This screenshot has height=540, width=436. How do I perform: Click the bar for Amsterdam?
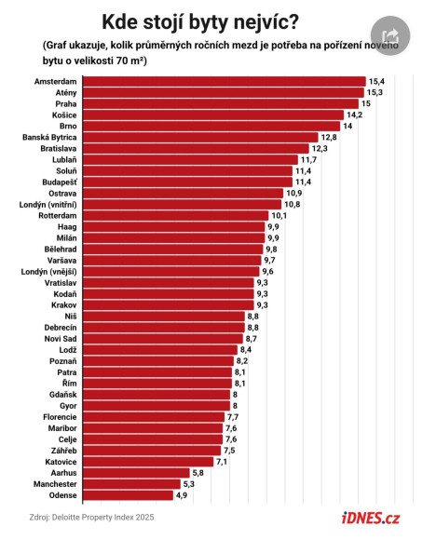point(224,82)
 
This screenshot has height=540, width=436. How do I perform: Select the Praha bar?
point(221,104)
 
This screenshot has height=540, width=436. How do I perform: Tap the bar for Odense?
point(128,495)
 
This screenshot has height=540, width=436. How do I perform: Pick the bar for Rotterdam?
point(175,216)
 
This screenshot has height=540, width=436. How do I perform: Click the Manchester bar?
point(131,484)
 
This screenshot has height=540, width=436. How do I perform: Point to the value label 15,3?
point(375,93)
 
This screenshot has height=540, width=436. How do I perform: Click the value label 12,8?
point(329,138)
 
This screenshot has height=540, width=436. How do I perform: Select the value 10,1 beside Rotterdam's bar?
point(279,216)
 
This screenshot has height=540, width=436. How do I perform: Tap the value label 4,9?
point(182,495)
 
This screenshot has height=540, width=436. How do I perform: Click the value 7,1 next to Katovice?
point(222,462)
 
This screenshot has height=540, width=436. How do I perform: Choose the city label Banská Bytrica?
point(49,138)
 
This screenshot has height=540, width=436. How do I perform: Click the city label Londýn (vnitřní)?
point(48,205)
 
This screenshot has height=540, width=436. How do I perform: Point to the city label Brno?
point(68,126)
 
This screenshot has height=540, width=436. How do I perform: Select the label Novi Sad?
point(61,339)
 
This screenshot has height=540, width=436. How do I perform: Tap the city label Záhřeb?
point(63,451)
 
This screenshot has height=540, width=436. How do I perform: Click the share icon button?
point(390,35)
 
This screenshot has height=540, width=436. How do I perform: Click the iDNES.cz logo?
point(371,518)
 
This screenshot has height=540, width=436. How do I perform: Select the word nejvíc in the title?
point(266,22)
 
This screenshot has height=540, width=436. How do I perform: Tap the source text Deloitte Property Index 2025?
point(102,518)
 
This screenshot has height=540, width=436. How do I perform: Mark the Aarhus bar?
point(136,473)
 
